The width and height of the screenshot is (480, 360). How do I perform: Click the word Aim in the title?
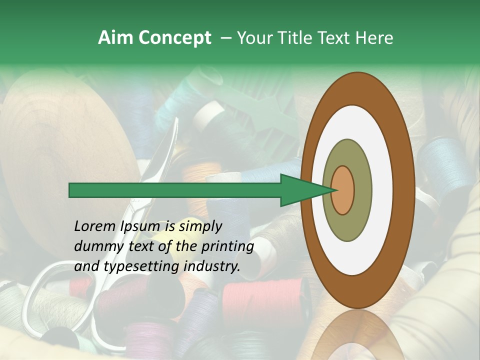click(115, 38)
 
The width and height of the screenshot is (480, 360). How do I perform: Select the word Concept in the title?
click(174, 38)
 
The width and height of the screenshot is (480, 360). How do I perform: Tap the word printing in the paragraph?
click(227, 246)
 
